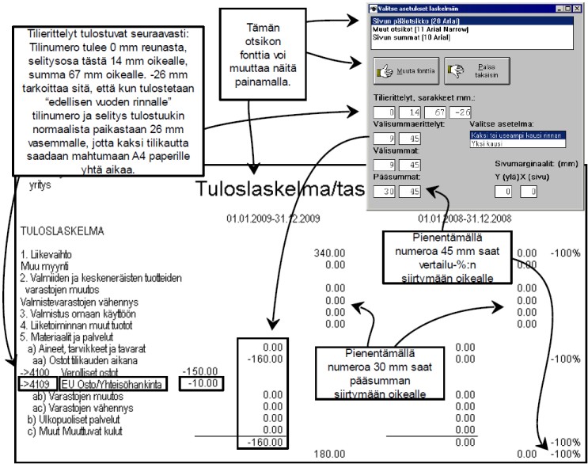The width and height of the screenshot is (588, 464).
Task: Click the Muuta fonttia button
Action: [405, 70]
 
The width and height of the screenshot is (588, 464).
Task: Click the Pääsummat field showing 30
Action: [383, 191]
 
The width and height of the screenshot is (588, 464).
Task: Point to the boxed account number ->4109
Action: [32, 382]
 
